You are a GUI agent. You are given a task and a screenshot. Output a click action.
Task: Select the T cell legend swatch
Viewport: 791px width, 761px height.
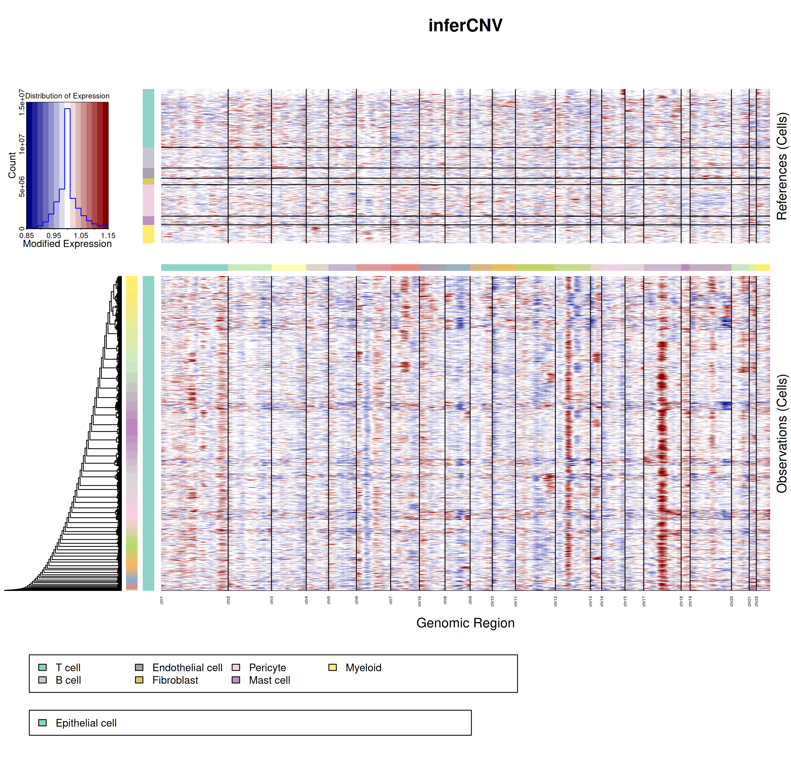(x=42, y=667)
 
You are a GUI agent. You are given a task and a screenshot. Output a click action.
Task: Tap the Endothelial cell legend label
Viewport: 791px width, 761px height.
(x=187, y=667)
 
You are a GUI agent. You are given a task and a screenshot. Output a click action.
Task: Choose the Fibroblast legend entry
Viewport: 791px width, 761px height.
(x=175, y=680)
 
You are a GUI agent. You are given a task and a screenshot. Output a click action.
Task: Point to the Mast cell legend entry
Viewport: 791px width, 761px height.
(x=269, y=680)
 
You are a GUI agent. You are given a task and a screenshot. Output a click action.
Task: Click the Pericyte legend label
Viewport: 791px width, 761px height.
(x=267, y=667)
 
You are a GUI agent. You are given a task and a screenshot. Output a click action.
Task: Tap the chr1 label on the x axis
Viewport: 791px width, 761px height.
(x=161, y=600)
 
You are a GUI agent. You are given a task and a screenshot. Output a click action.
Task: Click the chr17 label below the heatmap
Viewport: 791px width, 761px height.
(x=644, y=601)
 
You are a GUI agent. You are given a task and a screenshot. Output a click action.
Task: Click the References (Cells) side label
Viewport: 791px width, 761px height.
(x=782, y=166)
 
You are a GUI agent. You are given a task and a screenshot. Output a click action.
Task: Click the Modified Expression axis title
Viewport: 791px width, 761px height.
(x=67, y=244)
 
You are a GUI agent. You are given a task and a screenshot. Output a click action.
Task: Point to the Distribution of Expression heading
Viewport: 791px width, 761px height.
(x=67, y=96)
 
